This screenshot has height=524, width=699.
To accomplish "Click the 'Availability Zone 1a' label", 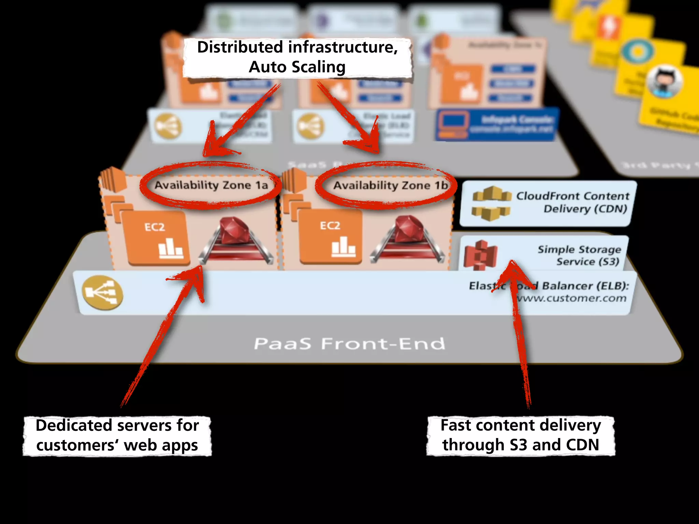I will (211, 185).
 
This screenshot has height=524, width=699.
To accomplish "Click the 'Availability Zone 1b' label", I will (390, 186).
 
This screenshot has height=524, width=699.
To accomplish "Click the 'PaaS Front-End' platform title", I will (349, 344).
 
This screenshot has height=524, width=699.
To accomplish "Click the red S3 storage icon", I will (481, 255).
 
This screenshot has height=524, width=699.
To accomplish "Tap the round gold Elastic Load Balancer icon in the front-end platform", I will (102, 293).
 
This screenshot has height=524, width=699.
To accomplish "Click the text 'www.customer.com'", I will (572, 298).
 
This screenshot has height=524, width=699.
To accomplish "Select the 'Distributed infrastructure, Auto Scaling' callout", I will (297, 57).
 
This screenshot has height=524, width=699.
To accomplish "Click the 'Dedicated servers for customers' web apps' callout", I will (117, 436).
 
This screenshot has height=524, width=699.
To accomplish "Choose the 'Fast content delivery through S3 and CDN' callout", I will (520, 436).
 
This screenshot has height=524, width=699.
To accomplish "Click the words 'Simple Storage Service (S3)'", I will (579, 255).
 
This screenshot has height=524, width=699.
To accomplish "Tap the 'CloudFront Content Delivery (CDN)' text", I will (572, 202).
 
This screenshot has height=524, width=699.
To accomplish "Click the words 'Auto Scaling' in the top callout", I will (297, 67).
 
